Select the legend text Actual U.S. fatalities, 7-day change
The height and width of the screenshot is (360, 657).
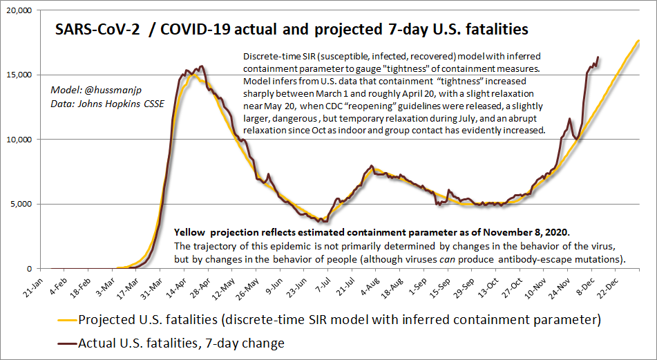click(x=181, y=342)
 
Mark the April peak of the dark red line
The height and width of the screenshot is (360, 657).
click(x=201, y=66)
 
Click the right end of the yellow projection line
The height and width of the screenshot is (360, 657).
click(x=639, y=41)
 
